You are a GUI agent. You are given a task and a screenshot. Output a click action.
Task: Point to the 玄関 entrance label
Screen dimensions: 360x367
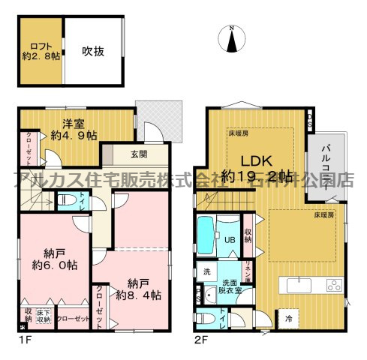138,154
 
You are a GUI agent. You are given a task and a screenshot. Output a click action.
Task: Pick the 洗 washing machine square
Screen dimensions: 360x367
204,271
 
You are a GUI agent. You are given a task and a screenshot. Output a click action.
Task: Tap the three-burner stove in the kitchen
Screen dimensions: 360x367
332,285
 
